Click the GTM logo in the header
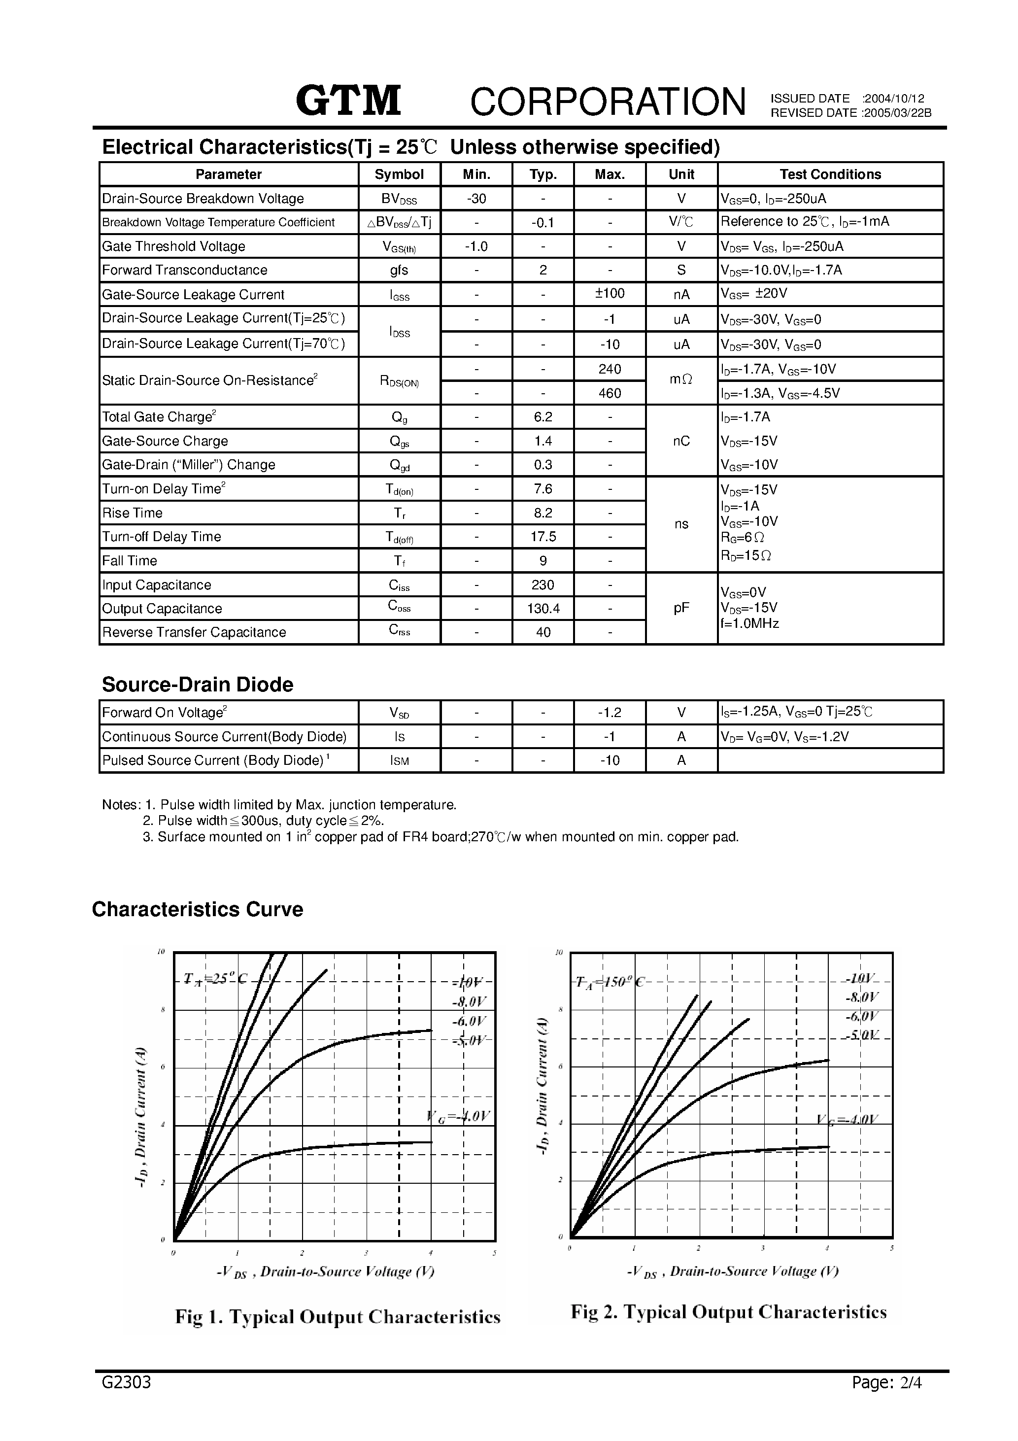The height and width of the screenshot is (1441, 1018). (x=348, y=101)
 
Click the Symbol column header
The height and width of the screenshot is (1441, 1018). (x=399, y=174)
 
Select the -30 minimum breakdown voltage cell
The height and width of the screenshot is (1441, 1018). (x=476, y=198)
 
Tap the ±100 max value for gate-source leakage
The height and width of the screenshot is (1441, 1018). (x=610, y=294)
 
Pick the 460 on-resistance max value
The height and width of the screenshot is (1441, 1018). (x=610, y=393)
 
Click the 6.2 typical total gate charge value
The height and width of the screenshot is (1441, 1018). (x=543, y=417)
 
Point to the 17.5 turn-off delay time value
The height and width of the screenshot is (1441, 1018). (x=543, y=537)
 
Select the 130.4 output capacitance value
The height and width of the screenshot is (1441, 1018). (x=543, y=608)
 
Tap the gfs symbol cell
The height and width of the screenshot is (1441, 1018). (x=399, y=270)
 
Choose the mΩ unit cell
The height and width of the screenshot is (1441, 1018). (x=681, y=380)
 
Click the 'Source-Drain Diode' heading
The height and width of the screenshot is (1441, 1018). (x=197, y=684)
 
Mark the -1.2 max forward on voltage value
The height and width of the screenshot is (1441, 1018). (x=610, y=712)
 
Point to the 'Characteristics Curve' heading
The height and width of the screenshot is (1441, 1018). (x=197, y=909)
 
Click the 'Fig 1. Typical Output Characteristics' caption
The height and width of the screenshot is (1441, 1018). (x=338, y=1316)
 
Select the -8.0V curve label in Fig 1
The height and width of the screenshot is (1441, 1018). (x=469, y=1002)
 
